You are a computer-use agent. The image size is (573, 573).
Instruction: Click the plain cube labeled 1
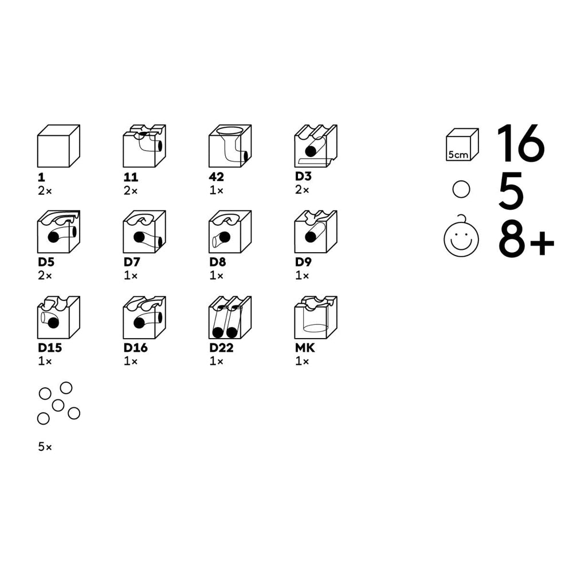pyautogui.click(x=58, y=146)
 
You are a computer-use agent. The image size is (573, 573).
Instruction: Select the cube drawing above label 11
pyautogui.click(x=144, y=146)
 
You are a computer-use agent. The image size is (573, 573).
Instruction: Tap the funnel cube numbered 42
pyautogui.click(x=230, y=146)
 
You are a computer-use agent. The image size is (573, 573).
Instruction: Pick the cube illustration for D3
pyautogui.click(x=316, y=146)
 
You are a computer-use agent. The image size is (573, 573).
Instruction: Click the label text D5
pyautogui.click(x=46, y=262)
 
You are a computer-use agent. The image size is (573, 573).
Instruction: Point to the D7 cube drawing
pyautogui.click(x=144, y=231)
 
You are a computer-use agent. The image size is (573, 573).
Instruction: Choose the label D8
pyautogui.click(x=217, y=262)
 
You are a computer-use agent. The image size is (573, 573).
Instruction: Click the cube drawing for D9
pyautogui.click(x=316, y=231)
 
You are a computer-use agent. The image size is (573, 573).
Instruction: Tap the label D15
pyautogui.click(x=50, y=348)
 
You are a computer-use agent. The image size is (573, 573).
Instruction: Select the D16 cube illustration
pyautogui.click(x=144, y=317)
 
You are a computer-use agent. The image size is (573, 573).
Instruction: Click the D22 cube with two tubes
pyautogui.click(x=230, y=317)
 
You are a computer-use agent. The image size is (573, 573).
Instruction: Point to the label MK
pyautogui.click(x=305, y=348)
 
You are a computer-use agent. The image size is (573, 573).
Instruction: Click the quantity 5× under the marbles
pyautogui.click(x=45, y=446)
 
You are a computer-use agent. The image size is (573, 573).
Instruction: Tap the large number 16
pyautogui.click(x=521, y=143)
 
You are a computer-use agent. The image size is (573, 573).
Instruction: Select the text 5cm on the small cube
pyautogui.click(x=458, y=155)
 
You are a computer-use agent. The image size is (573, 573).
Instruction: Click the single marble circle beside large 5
pyautogui.click(x=461, y=189)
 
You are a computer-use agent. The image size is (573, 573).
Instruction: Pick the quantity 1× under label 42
pyautogui.click(x=217, y=190)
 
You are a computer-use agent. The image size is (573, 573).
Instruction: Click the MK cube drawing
pyautogui.click(x=316, y=317)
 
